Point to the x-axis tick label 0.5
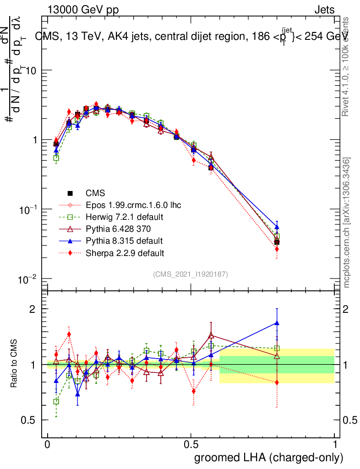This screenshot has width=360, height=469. (191, 445)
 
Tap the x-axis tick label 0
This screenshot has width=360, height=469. (48, 445)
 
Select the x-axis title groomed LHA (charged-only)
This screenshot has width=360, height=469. (269, 458)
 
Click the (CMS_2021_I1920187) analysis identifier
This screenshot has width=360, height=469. (191, 274)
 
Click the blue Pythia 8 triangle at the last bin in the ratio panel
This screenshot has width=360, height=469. (277, 323)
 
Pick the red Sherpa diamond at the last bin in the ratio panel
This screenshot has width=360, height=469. (277, 382)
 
